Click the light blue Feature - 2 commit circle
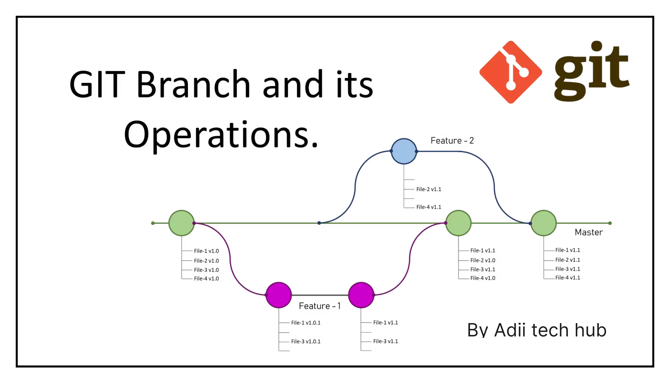click(404, 151)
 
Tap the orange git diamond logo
click(510, 72)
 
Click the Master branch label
click(589, 232)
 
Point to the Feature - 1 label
click(319, 306)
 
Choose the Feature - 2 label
click(452, 141)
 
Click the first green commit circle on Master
click(181, 223)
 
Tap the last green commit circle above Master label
click(543, 223)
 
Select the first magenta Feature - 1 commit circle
click(278, 295)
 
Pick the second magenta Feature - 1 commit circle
click(361, 295)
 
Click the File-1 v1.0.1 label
click(305, 323)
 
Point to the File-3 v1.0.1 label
click(305, 341)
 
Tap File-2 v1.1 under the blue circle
click(429, 189)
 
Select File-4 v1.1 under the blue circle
click(429, 207)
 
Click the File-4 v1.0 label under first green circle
click(206, 278)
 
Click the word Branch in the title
click(193, 84)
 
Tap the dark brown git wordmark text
click(591, 71)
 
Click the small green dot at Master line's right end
click(610, 223)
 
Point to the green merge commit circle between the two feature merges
click(458, 223)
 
